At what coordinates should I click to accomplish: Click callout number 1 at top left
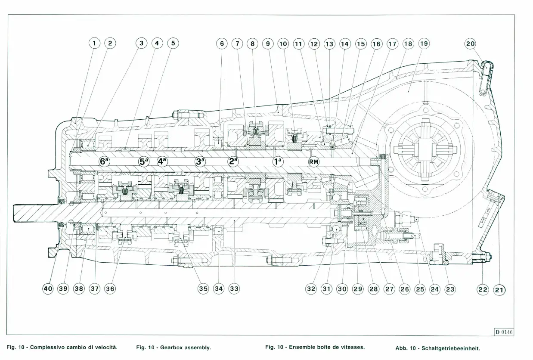coord(94,43)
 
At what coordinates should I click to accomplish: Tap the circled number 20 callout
coord(471,43)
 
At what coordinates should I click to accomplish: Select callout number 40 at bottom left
coord(47,289)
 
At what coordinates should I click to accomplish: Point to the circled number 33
coord(234,289)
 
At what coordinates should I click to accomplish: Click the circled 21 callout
coord(499,289)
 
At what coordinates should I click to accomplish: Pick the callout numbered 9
coord(268,43)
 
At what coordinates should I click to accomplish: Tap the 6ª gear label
coord(104,161)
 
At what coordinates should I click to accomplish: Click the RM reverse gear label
coord(314,162)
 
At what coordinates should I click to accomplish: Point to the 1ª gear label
coord(278,162)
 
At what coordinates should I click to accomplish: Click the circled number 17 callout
coord(392,43)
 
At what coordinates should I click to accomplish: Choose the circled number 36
coord(110,289)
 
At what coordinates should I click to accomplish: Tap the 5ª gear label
coord(144,162)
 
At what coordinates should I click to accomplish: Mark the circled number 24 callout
coord(435,289)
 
